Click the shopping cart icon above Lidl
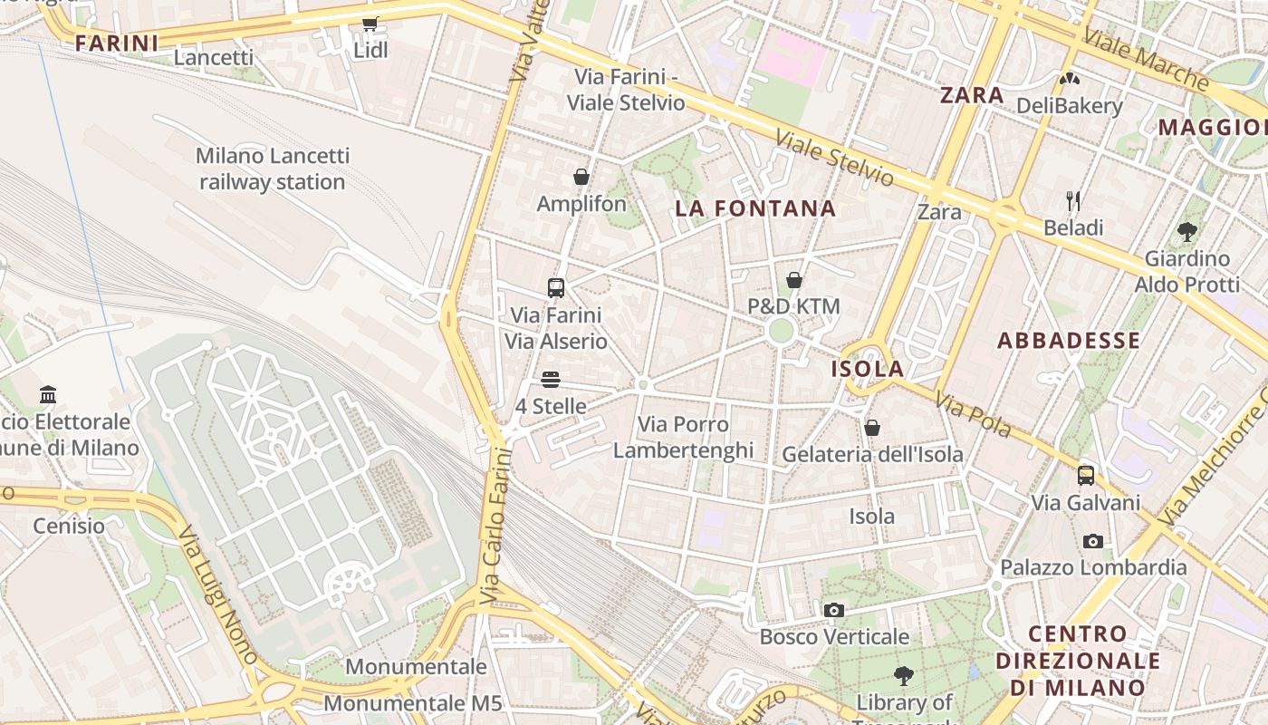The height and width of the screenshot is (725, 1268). point(370,24)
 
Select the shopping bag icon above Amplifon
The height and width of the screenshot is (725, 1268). point(581,177)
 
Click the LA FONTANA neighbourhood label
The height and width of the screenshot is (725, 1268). point(755,208)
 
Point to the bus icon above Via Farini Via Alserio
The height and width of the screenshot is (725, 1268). point(556,288)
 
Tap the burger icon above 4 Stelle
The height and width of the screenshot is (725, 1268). point(551,380)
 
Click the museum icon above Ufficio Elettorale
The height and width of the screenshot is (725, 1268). point(48,395)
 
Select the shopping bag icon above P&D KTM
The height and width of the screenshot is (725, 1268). point(794,280)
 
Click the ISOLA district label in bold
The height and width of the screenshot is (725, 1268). point(868,369)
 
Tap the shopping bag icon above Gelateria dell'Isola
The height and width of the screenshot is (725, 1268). point(872,428)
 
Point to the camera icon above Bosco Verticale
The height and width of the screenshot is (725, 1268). point(834,611)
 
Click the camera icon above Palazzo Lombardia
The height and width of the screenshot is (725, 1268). point(1093,542)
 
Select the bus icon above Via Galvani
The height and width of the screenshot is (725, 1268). point(1086,476)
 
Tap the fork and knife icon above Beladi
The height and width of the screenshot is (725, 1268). point(1073,200)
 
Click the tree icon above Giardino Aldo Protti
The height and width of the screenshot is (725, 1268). point(1187,232)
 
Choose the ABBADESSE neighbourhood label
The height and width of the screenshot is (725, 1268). point(1069,341)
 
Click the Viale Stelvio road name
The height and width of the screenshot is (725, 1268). point(834,159)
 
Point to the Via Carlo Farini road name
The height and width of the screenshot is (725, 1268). point(495,526)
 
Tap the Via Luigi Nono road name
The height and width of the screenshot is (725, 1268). point(216,585)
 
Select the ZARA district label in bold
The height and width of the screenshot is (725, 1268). point(972,95)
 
